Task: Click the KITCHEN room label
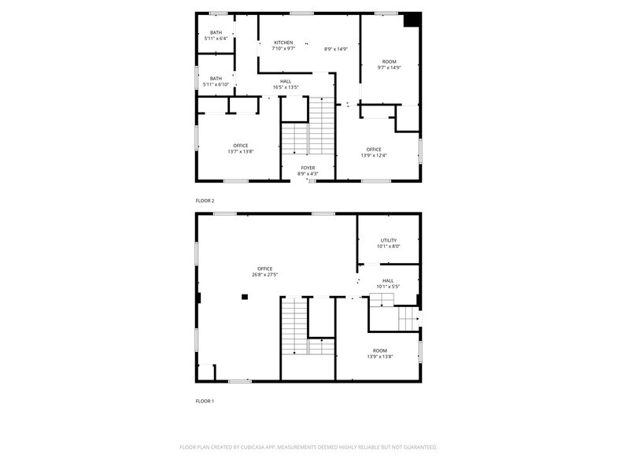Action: coord(283,43)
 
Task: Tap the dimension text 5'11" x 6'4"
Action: coord(216,39)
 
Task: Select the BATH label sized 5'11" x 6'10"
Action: coord(216,79)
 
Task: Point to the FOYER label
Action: coord(308,168)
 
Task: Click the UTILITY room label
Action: coord(389,240)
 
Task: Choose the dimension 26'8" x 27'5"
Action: coord(264,275)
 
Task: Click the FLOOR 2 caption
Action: coord(205,201)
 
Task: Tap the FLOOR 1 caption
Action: coord(205,402)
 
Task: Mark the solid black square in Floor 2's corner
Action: coord(412,20)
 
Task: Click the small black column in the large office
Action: coord(245,297)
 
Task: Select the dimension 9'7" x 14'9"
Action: coord(389,68)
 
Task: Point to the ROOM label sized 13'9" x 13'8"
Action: coord(380,351)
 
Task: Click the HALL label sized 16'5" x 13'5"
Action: coord(286,82)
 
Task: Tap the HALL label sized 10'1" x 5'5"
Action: coord(388,280)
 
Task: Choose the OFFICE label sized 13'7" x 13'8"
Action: coord(241,146)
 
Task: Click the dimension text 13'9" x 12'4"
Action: coord(374,156)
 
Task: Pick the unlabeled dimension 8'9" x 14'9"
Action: coord(335,49)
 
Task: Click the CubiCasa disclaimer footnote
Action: coord(308,447)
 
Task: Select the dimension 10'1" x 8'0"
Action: coord(389,246)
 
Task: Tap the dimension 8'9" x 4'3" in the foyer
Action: coord(308,173)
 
